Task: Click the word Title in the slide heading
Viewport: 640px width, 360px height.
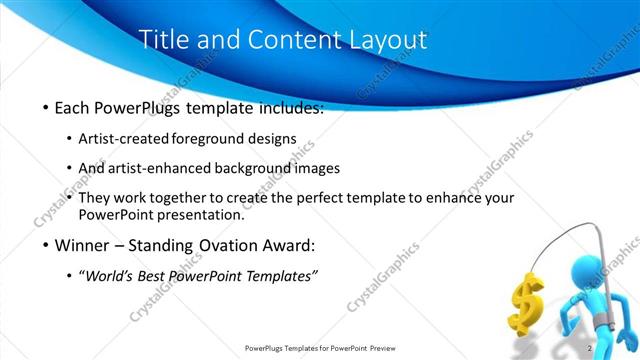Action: pos(160,40)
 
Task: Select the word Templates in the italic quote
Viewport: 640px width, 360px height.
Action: pos(280,276)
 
